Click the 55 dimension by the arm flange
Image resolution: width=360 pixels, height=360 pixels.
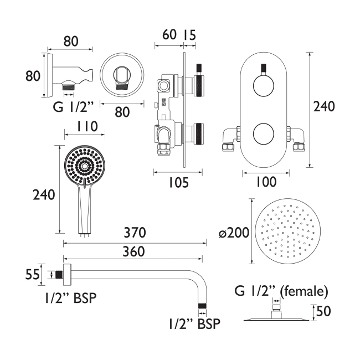click(x=33, y=274)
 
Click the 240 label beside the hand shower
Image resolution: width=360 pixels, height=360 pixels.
click(x=44, y=194)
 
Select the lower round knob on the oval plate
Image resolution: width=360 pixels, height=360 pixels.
click(x=266, y=134)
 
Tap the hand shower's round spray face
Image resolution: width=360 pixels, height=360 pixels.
click(x=84, y=166)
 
